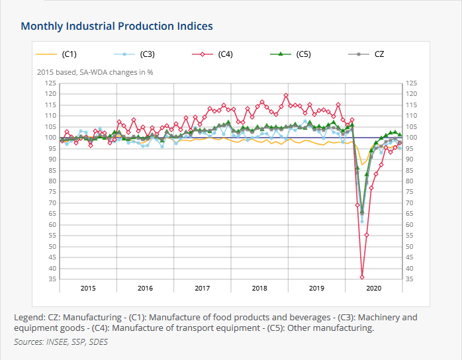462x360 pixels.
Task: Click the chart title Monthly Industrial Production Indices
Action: point(116,26)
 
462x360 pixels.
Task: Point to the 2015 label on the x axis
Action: point(88,288)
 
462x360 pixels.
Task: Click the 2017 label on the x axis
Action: point(203,288)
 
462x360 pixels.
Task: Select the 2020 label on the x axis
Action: point(374,288)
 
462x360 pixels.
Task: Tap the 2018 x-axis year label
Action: point(259,288)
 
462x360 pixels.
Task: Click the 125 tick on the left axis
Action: point(50,83)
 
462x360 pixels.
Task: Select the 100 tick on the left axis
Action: point(50,138)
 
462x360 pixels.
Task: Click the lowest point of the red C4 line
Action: point(362,277)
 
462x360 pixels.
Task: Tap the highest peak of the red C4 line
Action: point(286,95)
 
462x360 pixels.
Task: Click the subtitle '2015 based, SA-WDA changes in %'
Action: point(95,72)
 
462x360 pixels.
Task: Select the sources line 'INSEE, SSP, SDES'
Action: point(60,342)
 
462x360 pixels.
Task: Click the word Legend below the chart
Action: point(28,318)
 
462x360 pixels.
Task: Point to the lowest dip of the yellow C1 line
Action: point(362,164)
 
